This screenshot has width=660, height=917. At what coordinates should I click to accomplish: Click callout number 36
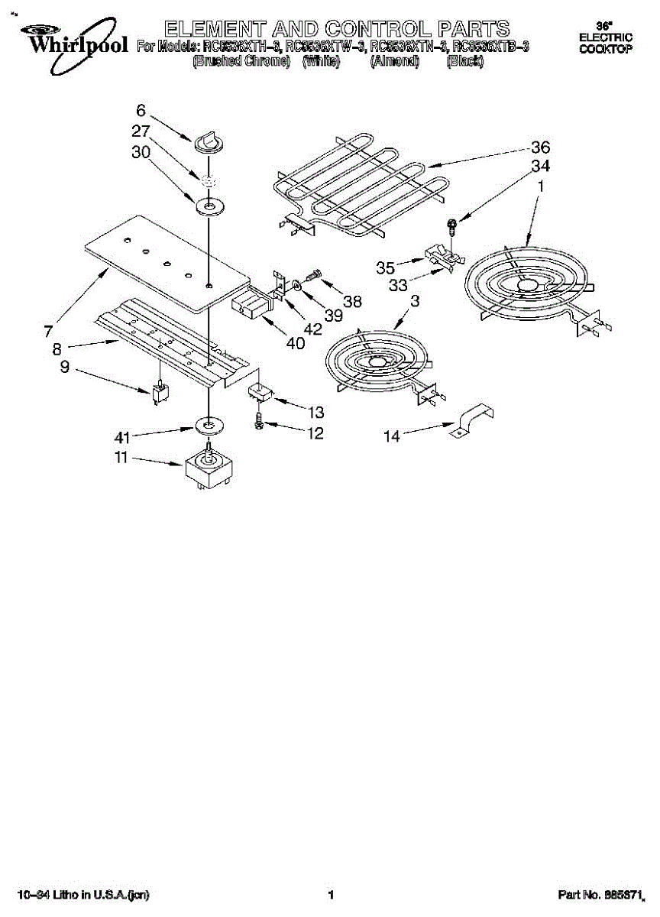point(540,147)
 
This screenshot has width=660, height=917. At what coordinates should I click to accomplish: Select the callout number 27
point(141,131)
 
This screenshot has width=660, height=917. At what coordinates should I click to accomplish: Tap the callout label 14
point(392,436)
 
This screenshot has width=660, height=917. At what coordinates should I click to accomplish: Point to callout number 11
point(121,460)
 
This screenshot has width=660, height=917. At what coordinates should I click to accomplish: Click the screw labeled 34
point(452,224)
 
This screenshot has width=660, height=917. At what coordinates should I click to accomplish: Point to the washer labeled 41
point(208,425)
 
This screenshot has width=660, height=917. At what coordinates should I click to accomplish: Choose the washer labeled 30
point(208,205)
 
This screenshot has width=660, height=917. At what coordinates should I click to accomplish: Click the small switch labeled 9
point(160,393)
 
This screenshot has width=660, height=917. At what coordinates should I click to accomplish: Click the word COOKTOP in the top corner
point(606,49)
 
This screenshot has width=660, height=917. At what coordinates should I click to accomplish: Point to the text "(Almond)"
point(395,63)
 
